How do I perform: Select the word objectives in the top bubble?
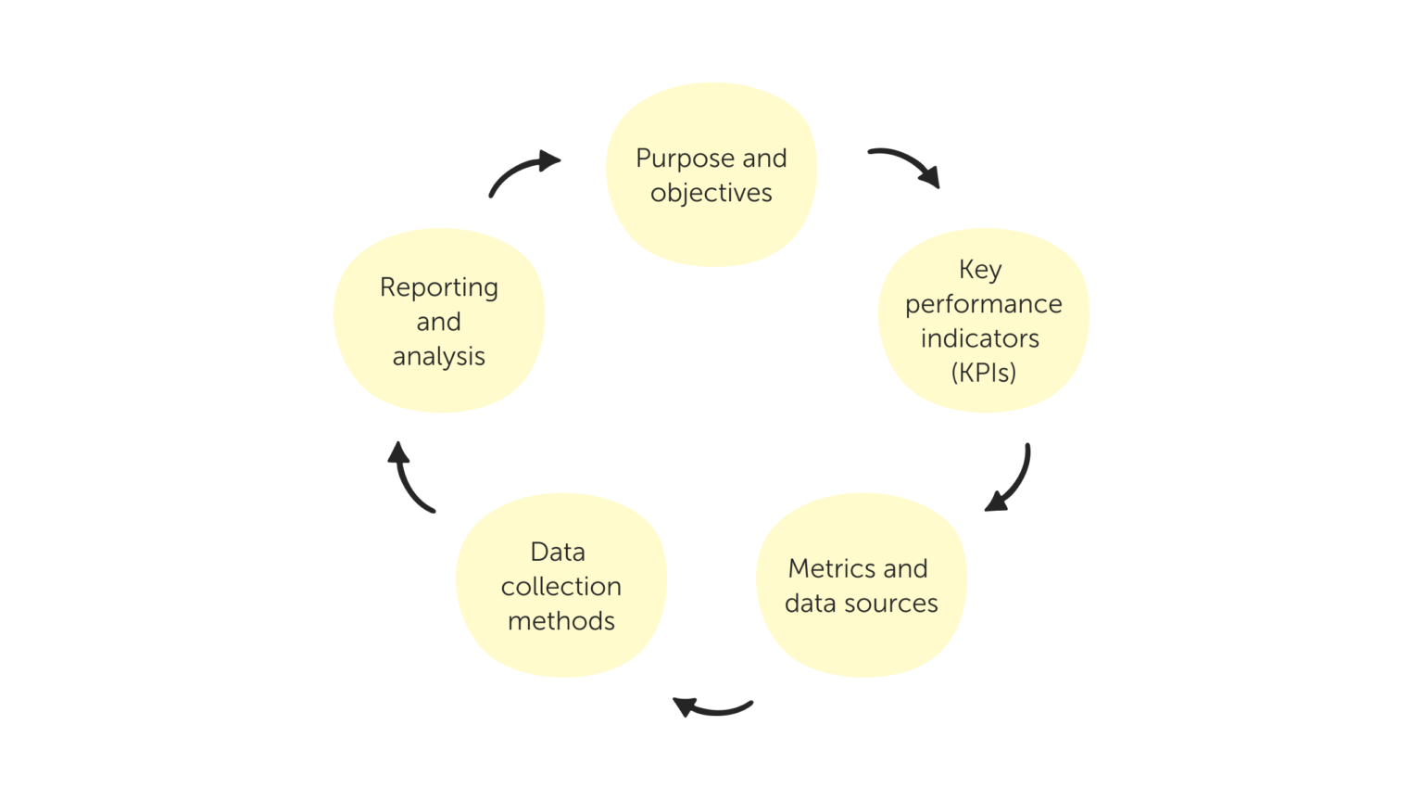711,194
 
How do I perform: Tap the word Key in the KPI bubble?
980,270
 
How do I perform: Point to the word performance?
983,305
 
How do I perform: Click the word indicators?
980,338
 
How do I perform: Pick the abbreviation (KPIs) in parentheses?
983,373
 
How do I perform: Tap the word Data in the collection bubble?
558,552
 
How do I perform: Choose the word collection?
561,587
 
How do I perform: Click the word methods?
561,621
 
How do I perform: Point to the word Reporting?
439,288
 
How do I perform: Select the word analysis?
439,357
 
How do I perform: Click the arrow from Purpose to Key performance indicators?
906,163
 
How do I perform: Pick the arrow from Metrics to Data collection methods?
711,709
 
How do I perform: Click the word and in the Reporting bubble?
439,323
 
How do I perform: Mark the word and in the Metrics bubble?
905,568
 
